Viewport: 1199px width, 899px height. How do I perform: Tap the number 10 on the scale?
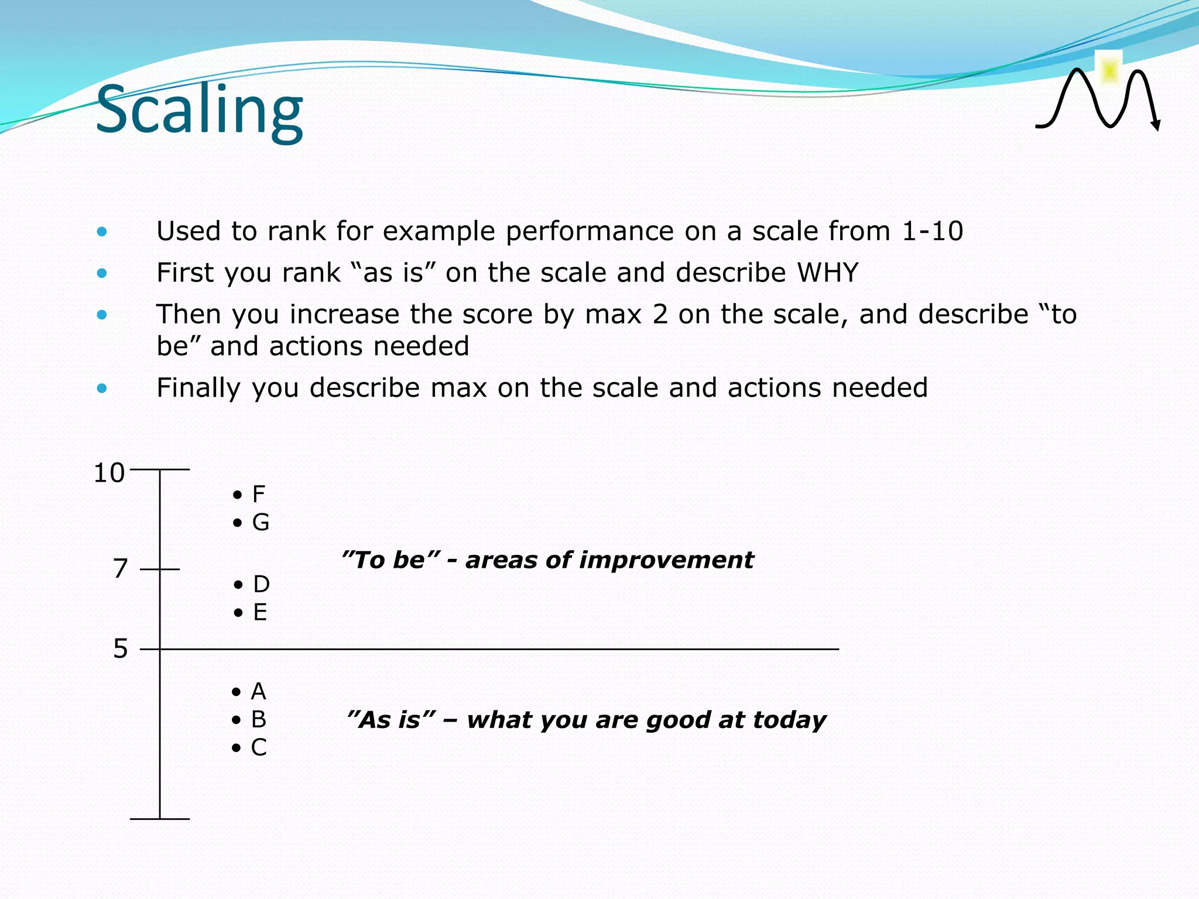[109, 473]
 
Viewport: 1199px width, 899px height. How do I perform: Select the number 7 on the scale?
[120, 568]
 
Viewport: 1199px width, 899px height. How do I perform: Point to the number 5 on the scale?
[120, 648]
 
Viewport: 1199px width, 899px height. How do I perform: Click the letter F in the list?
[258, 495]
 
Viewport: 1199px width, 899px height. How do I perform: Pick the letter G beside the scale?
[261, 522]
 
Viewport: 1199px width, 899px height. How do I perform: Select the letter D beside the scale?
[261, 584]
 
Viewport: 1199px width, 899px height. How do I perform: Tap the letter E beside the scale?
[260, 612]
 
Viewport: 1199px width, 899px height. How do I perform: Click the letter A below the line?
[258, 692]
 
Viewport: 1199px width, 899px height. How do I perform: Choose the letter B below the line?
[258, 719]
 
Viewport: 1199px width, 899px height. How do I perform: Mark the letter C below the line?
[259, 747]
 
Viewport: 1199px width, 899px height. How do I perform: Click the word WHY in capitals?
[827, 273]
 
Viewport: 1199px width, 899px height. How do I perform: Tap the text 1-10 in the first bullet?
[932, 231]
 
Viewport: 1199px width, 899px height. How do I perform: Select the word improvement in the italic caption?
[677, 560]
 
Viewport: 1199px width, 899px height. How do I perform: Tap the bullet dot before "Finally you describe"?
[102, 388]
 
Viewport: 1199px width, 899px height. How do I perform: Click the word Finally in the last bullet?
[198, 388]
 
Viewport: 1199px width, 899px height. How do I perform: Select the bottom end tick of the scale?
[159, 818]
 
